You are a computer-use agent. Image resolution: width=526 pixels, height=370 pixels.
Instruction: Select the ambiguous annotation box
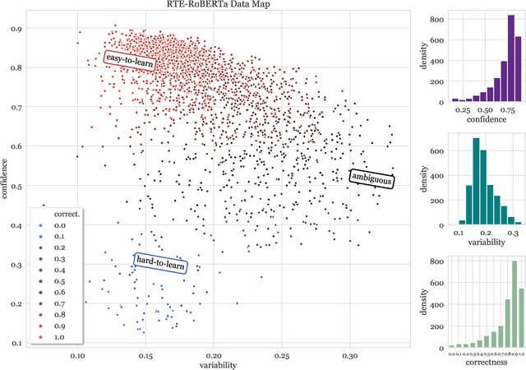pos(371,178)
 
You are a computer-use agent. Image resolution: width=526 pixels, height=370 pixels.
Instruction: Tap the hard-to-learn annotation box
pos(160,262)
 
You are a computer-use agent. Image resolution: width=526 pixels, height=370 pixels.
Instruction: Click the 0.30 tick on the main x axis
pos(349,355)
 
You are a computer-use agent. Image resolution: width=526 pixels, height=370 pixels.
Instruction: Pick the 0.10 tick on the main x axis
pos(78,355)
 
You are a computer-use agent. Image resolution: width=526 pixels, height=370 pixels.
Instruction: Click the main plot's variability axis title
pos(215,364)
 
